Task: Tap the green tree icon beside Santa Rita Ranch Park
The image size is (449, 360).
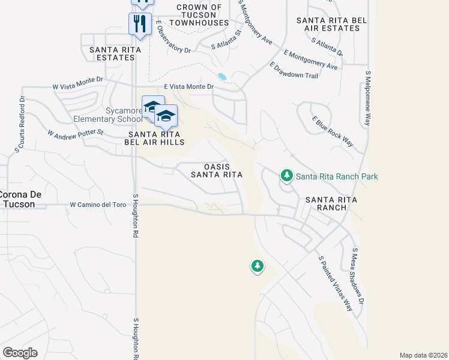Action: click(x=286, y=176)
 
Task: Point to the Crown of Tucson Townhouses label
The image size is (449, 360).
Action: click(x=199, y=15)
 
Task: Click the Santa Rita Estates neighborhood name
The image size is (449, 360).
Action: click(x=112, y=53)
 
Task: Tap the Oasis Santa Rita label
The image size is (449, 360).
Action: click(x=216, y=170)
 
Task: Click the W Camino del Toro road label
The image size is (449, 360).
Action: click(x=98, y=205)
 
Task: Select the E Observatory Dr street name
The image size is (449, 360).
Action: click(x=173, y=38)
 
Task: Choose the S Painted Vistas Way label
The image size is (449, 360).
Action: click(x=335, y=284)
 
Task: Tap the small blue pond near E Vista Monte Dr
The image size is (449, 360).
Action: click(x=222, y=77)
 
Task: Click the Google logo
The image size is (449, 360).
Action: click(x=20, y=353)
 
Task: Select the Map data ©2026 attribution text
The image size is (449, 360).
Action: click(x=423, y=355)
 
